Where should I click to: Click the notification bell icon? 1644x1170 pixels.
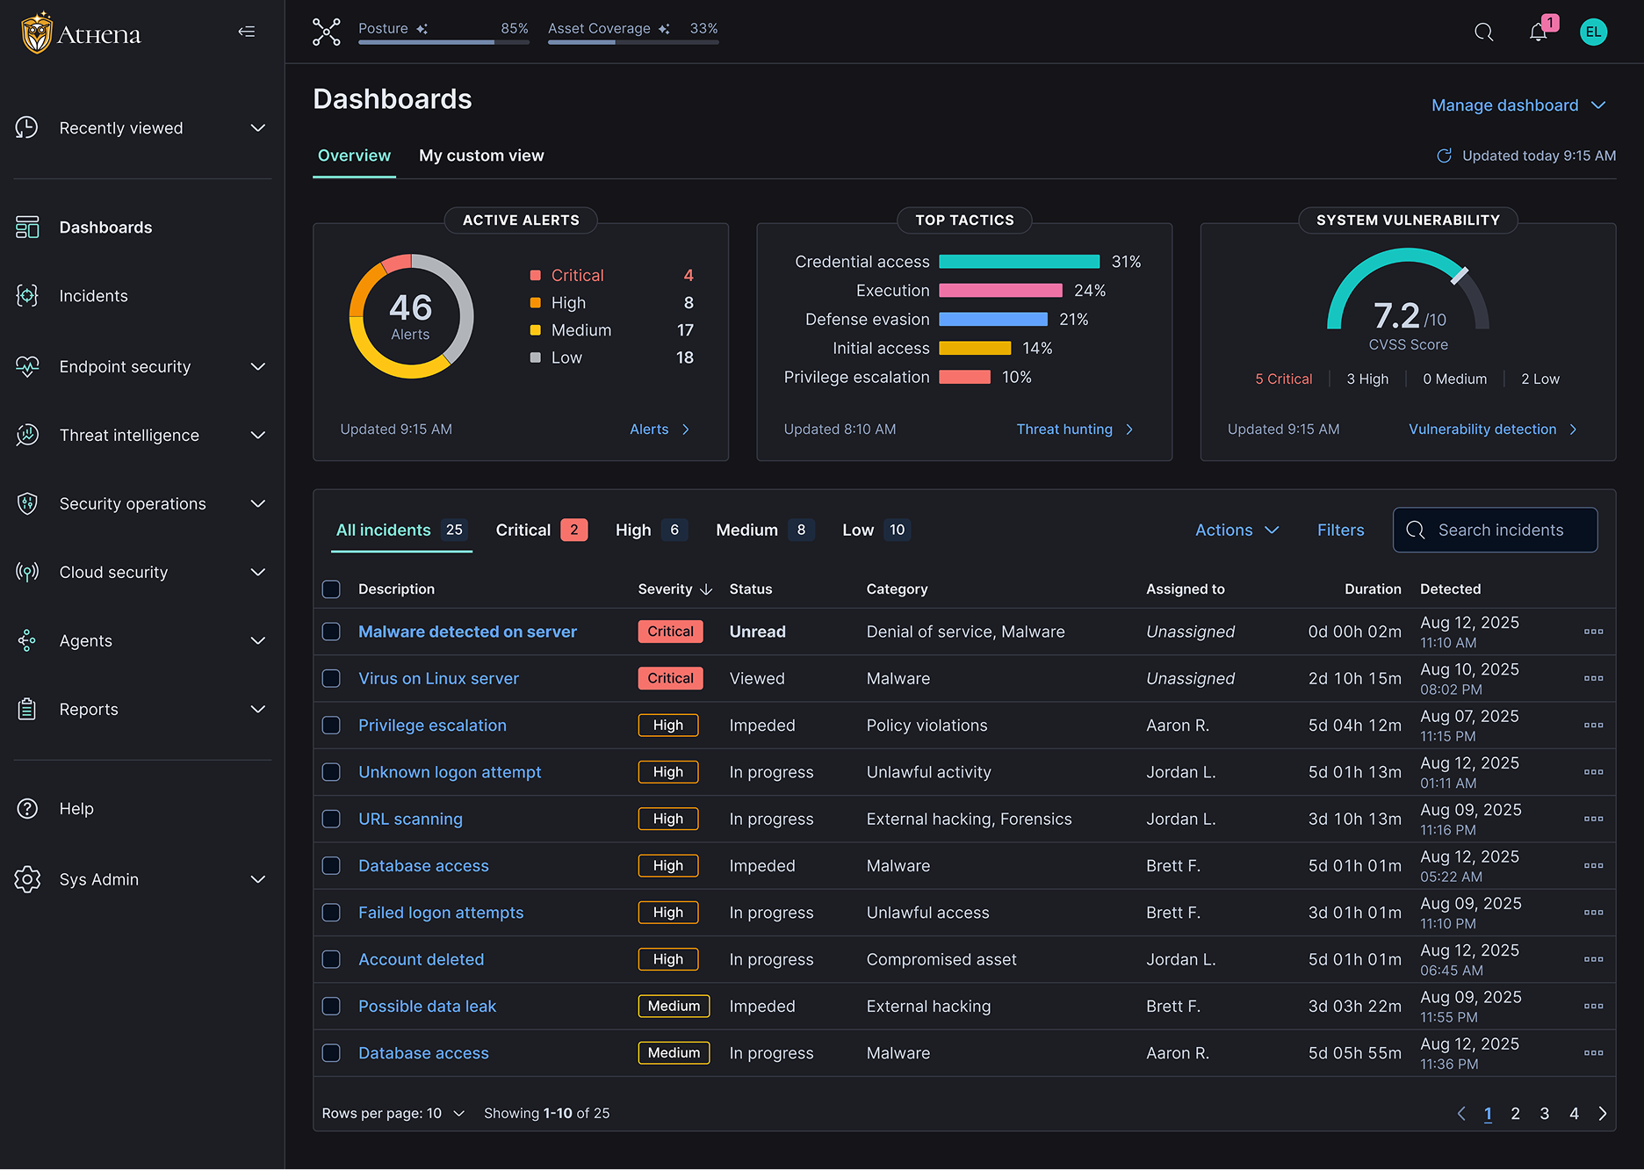(x=1538, y=32)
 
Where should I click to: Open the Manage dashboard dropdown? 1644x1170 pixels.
(x=1518, y=105)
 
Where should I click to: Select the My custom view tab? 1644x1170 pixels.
(x=481, y=155)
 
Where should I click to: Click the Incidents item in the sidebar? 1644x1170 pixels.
(x=93, y=296)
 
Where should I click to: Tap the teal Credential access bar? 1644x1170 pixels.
(x=1019, y=262)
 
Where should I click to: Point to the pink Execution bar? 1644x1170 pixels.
(x=1000, y=291)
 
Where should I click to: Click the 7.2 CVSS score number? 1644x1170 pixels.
(x=1396, y=315)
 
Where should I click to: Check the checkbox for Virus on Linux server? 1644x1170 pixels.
(x=331, y=678)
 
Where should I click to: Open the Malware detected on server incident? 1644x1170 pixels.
(x=467, y=632)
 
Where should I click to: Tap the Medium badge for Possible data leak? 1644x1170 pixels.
(x=674, y=1006)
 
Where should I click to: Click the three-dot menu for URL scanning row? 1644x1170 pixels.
(x=1593, y=819)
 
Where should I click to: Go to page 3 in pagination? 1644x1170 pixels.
(x=1545, y=1114)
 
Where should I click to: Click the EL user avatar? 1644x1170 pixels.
(x=1593, y=32)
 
